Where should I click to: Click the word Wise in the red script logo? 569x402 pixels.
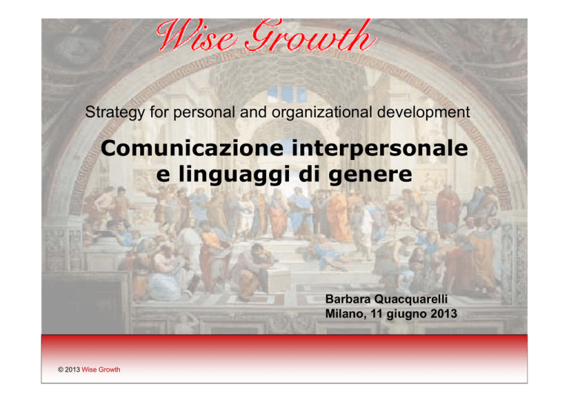(196, 35)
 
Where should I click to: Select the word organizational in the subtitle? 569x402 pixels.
(322, 113)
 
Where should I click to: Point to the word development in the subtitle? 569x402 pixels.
(424, 113)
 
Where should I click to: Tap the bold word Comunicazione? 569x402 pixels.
(193, 148)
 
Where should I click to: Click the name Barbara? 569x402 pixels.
(347, 299)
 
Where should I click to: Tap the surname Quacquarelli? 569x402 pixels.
(410, 299)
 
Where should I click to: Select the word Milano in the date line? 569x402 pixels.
(345, 314)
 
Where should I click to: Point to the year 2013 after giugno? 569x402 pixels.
(444, 314)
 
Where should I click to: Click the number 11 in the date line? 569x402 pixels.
(376, 314)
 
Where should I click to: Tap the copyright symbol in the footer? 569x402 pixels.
(61, 369)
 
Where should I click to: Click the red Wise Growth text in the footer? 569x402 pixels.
(101, 369)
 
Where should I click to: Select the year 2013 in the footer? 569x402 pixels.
(72, 369)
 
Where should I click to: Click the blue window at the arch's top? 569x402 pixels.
(287, 93)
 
